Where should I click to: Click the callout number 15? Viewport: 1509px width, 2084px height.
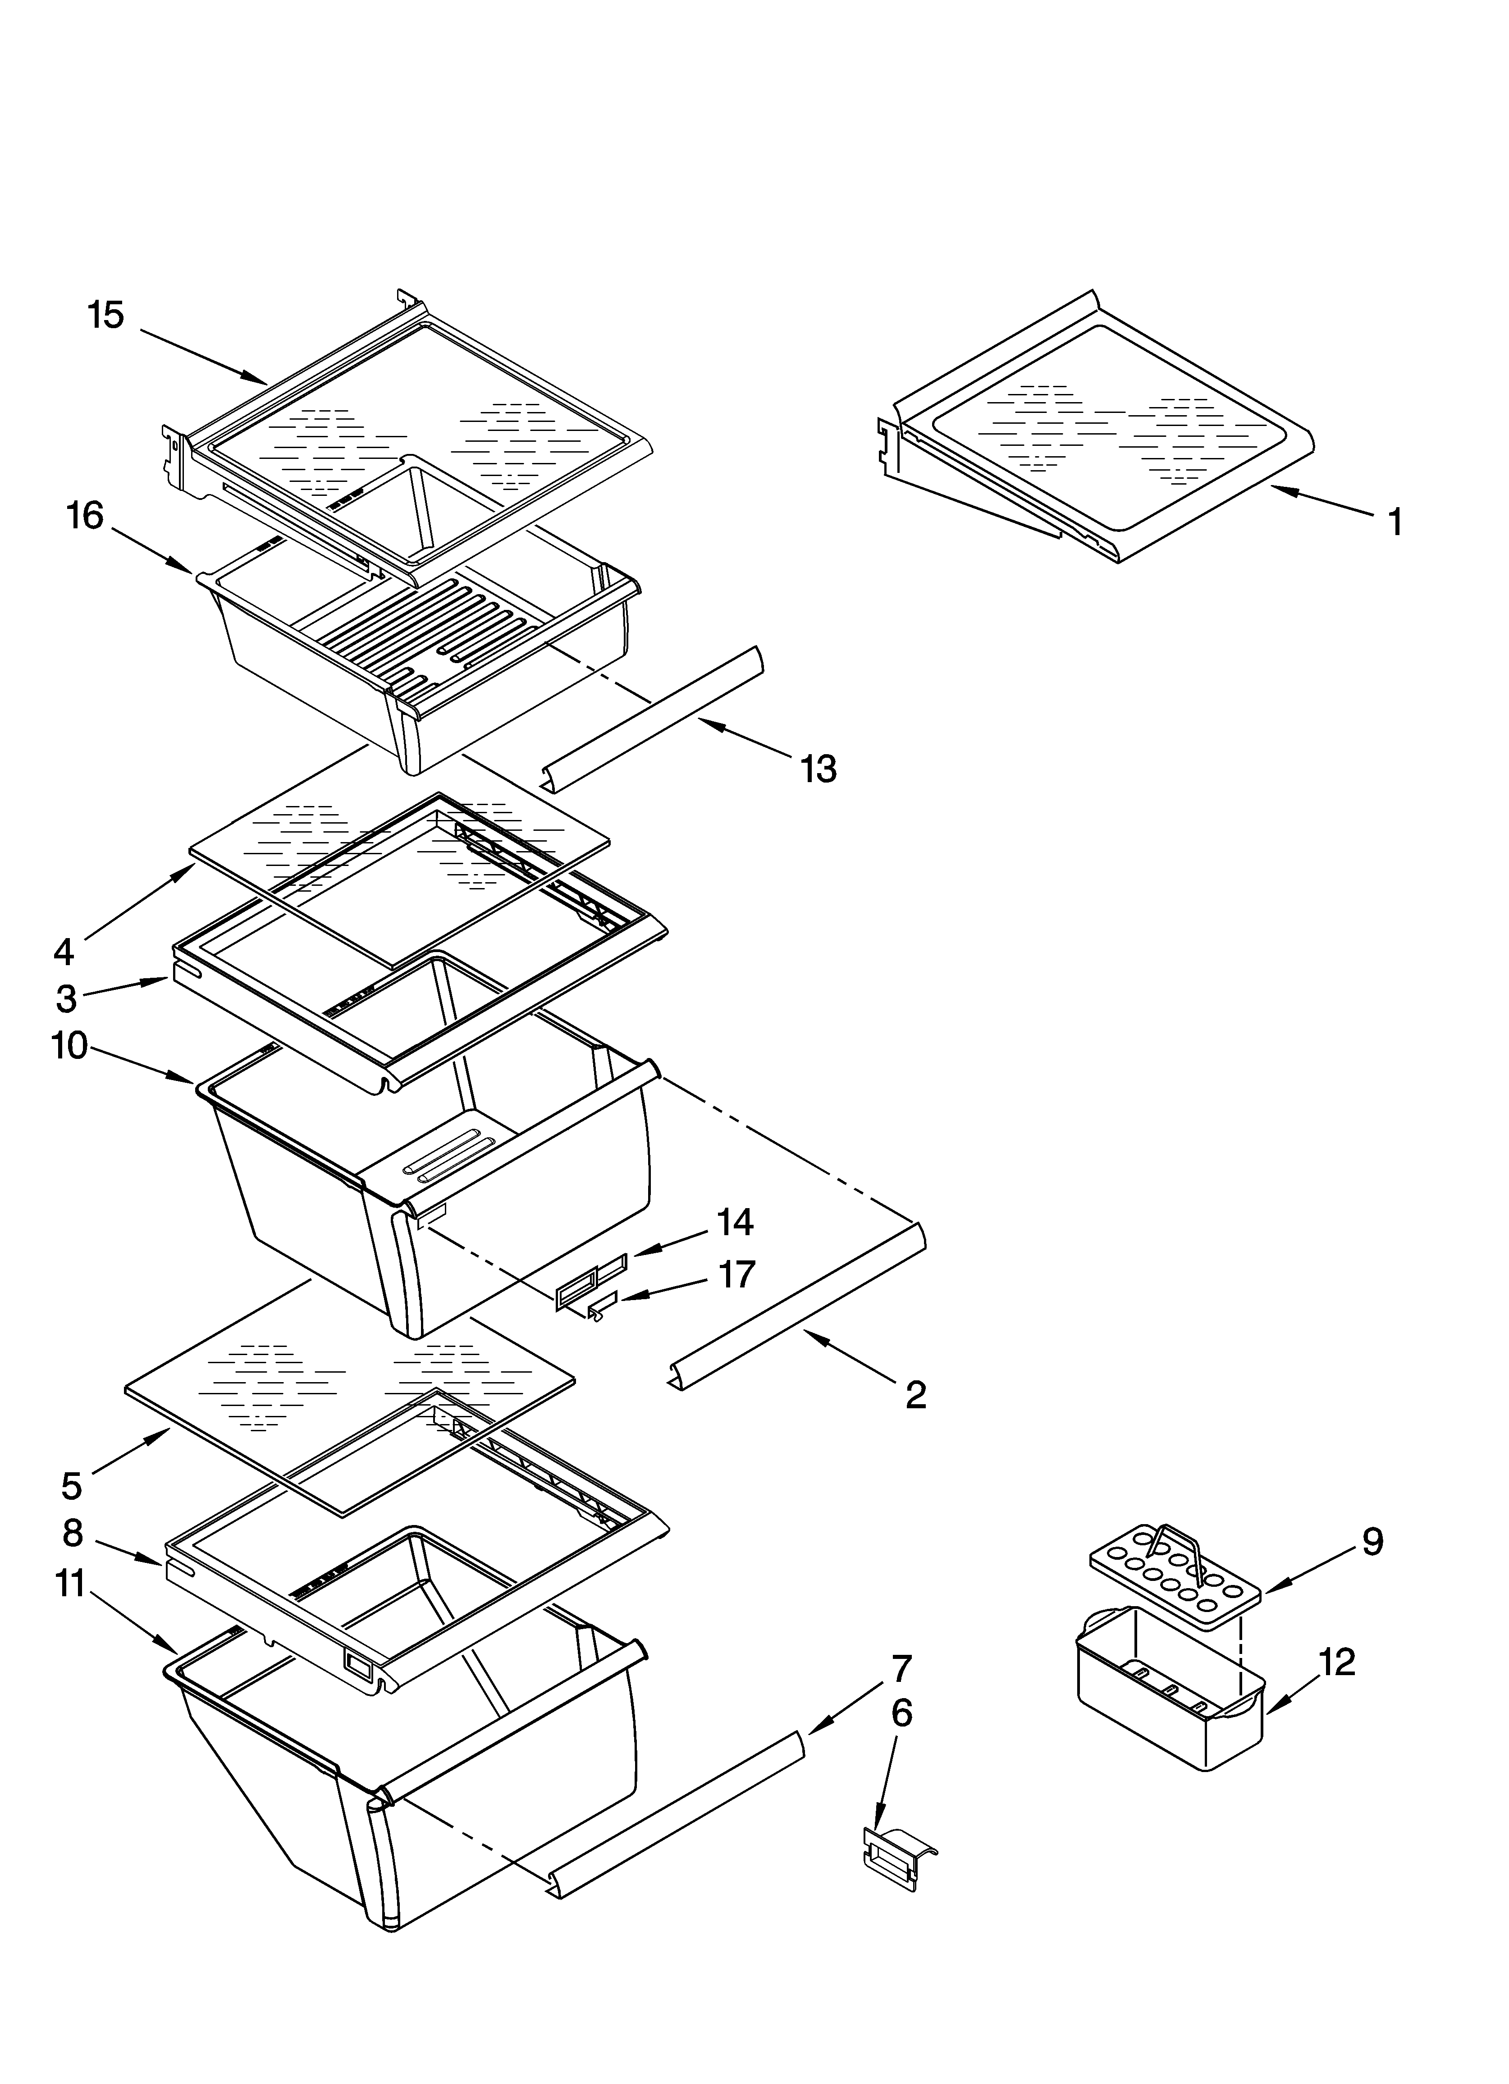click(105, 315)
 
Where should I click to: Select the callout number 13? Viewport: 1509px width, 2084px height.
click(818, 768)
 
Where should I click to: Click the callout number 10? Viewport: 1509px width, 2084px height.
click(70, 1046)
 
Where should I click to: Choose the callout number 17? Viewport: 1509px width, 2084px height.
click(735, 1274)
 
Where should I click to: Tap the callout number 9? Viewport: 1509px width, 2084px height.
click(1371, 1541)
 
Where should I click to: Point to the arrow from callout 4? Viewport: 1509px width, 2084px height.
click(138, 902)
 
